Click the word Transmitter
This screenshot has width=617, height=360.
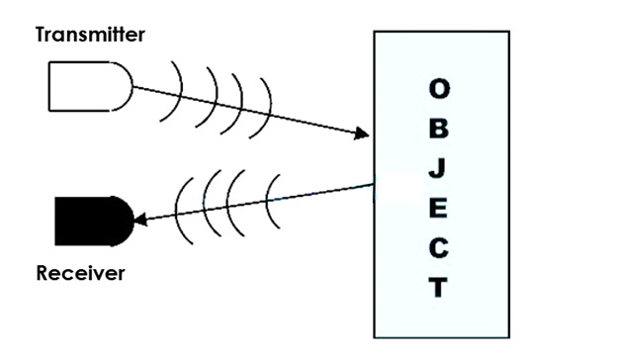(x=90, y=36)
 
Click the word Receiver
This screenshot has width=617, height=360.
(x=80, y=273)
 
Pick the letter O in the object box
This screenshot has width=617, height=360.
(x=437, y=89)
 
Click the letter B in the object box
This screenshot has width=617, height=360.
(x=437, y=129)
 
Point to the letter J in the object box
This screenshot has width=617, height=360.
(x=437, y=168)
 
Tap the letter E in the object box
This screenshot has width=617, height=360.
(x=437, y=208)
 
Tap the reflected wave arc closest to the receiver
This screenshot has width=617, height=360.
(x=180, y=213)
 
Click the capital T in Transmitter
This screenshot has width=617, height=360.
(x=42, y=36)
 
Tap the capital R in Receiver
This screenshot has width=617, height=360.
(x=42, y=273)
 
